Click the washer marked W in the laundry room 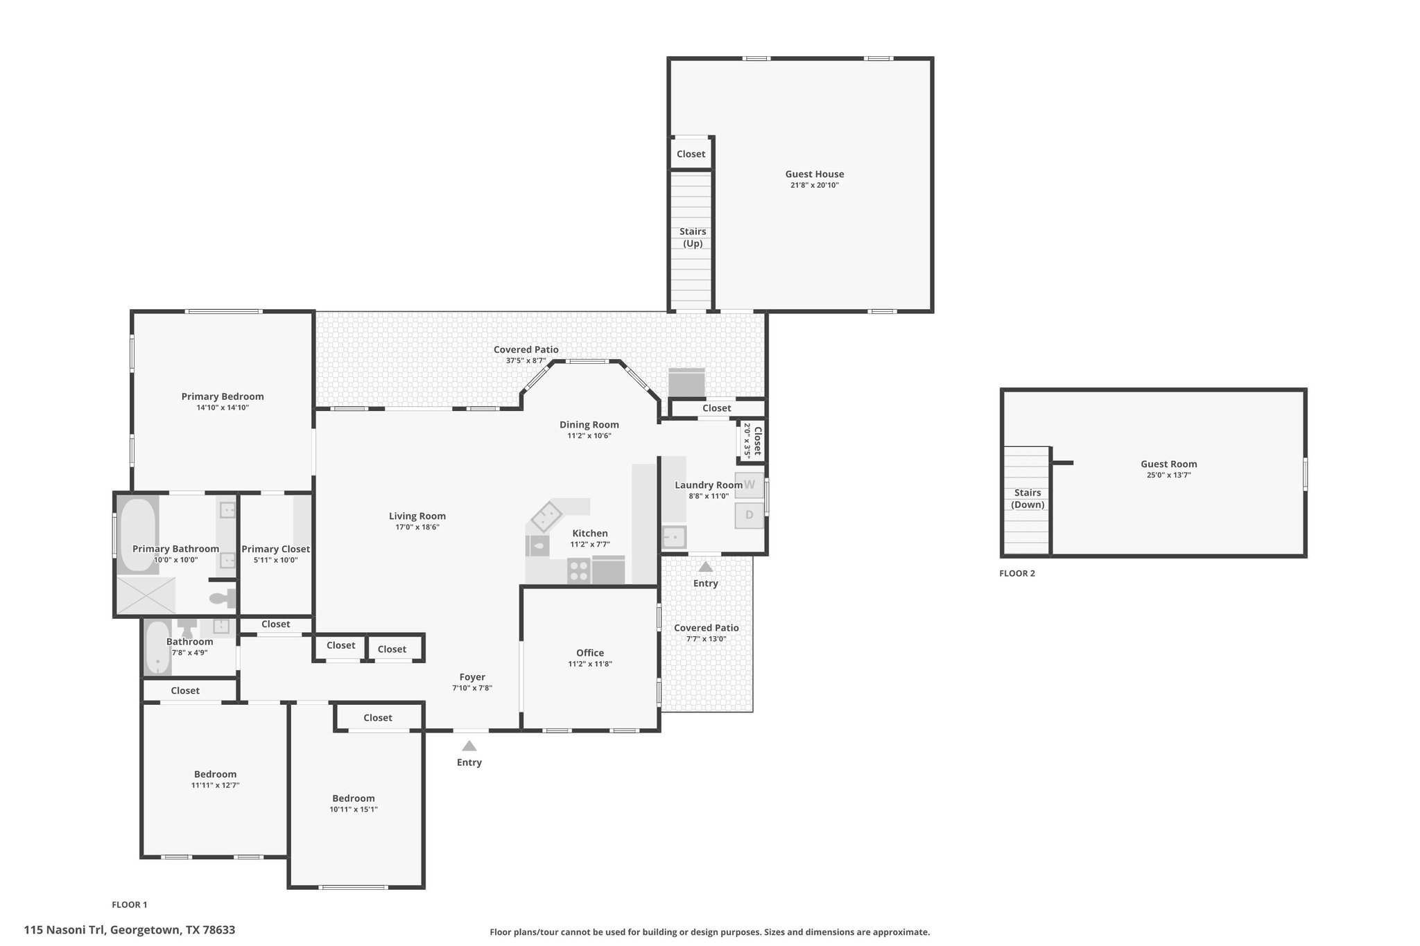click(x=749, y=485)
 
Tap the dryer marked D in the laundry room click(x=749, y=515)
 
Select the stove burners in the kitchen click(x=579, y=570)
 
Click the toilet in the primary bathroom click(x=223, y=597)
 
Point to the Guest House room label click(x=815, y=174)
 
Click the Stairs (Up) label click(x=693, y=237)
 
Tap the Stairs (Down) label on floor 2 click(x=1028, y=498)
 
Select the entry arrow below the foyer click(x=469, y=746)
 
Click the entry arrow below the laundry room click(x=705, y=566)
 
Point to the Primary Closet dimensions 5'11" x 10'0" click(x=275, y=560)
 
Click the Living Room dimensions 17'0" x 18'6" click(x=417, y=527)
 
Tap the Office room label click(x=590, y=653)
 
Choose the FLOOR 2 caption click(x=1017, y=573)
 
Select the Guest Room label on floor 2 click(x=1169, y=464)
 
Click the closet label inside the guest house click(x=691, y=154)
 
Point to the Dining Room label click(x=589, y=425)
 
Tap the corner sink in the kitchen click(x=546, y=516)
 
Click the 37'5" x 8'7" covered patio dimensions click(x=526, y=360)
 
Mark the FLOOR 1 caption click(x=130, y=904)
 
